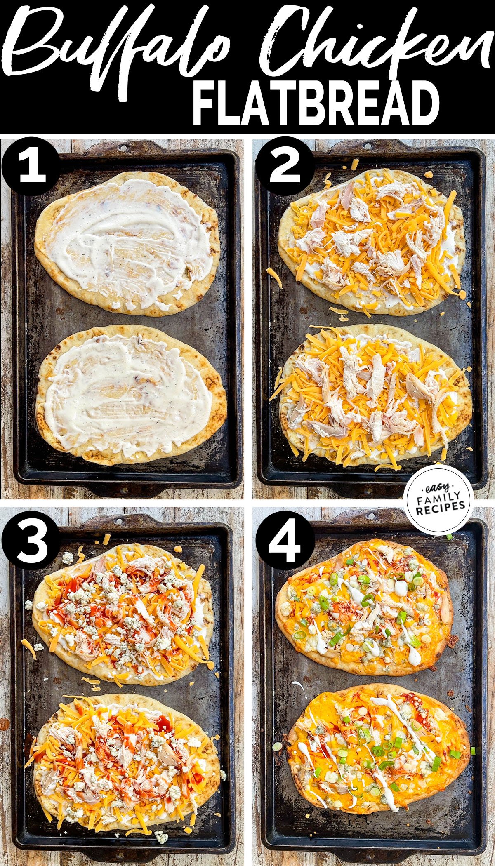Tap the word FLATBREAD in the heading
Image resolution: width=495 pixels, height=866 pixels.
(x=316, y=103)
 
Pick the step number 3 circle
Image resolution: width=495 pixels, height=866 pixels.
(x=31, y=540)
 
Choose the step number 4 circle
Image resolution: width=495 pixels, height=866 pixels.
(x=285, y=540)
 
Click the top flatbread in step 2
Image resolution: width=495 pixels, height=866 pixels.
(x=371, y=243)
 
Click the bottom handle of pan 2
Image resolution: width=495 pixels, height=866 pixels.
(x=371, y=491)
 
